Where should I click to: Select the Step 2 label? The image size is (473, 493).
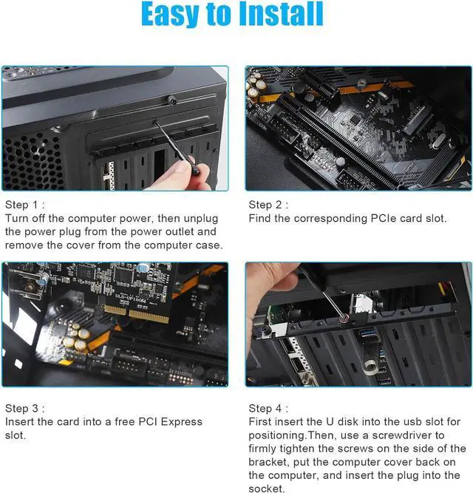coord(268,205)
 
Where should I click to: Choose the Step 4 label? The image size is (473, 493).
coord(268,408)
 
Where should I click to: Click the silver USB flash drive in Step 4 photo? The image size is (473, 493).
coord(370,364)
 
